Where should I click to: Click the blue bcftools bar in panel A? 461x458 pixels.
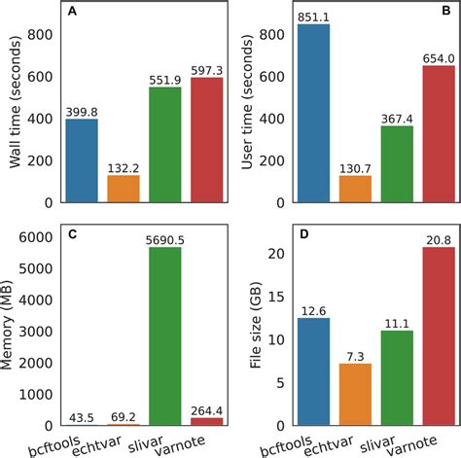tap(82, 160)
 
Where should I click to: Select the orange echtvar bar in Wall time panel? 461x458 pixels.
tap(124, 189)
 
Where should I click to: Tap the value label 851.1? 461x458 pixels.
tap(314, 16)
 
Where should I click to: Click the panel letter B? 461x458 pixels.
tap(444, 14)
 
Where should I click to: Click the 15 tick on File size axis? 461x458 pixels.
tap(280, 297)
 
